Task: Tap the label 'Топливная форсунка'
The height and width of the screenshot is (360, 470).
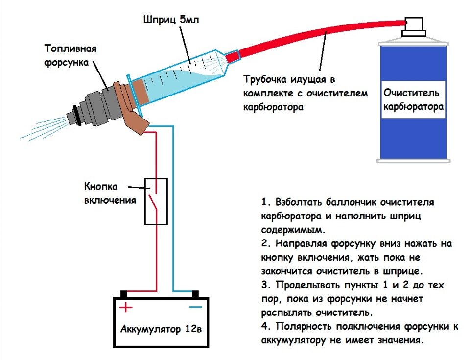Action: pos(70,55)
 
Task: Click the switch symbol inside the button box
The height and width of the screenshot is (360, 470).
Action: pos(156,201)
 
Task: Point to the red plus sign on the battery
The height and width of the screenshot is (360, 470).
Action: pos(126,307)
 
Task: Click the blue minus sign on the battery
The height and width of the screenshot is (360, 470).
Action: pos(195,307)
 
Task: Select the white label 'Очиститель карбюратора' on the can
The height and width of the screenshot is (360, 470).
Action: pos(414,99)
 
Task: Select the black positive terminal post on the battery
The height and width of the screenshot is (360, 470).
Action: pos(124,294)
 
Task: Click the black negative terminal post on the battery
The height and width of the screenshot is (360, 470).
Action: pos(195,294)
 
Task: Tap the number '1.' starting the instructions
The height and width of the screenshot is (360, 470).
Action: pos(266,202)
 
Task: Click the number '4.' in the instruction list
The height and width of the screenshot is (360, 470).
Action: pos(266,326)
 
